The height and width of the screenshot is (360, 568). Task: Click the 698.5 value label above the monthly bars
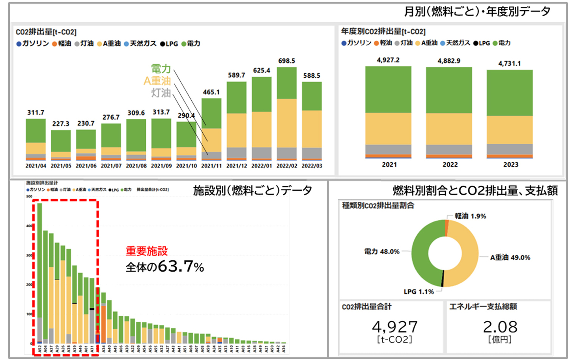pos(286,61)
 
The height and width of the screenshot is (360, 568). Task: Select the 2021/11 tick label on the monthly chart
pos(211,166)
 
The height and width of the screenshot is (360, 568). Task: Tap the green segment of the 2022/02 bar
pos(286,83)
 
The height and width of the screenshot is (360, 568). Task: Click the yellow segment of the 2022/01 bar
pos(262,129)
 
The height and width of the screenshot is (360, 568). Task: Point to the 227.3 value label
pos(61,124)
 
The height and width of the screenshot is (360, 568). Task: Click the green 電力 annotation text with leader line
pos(161,69)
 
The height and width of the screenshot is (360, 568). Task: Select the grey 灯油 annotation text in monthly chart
pos(161,93)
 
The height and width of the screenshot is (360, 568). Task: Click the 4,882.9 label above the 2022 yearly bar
pos(449,61)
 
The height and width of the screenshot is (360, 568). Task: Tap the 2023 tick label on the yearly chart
pos(510,165)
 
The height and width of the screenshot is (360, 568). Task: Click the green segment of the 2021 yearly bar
pos(388,90)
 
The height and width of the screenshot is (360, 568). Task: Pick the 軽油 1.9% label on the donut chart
pos(470,216)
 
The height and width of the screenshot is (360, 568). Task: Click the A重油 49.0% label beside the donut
pos(510,257)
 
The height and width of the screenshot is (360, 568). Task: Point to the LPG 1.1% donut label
pos(419,291)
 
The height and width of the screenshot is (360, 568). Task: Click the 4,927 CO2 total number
pos(394,327)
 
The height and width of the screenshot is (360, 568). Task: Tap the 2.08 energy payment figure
pos(500,327)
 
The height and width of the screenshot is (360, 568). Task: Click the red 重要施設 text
pos(147,251)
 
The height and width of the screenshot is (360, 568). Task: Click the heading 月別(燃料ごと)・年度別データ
pos(477,11)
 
